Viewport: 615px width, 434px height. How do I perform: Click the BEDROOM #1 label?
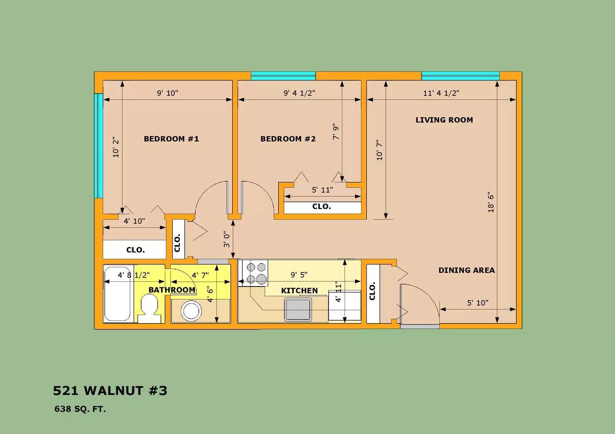pyautogui.click(x=171, y=139)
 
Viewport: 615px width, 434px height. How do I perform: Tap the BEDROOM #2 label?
pyautogui.click(x=288, y=139)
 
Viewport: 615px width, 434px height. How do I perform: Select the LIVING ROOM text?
pyautogui.click(x=444, y=120)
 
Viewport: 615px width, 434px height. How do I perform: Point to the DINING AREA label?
pyautogui.click(x=466, y=270)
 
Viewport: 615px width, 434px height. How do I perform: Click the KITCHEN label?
pyautogui.click(x=299, y=291)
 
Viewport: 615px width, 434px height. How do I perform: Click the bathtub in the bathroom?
pyautogui.click(x=117, y=294)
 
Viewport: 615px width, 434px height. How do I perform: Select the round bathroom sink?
pyautogui.click(x=191, y=311)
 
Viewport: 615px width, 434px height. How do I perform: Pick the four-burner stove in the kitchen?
pyautogui.click(x=253, y=273)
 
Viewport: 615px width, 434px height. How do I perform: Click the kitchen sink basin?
pyautogui.click(x=298, y=309)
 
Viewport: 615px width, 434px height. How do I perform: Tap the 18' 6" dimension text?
pyautogui.click(x=491, y=203)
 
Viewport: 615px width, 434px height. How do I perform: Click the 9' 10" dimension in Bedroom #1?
pyautogui.click(x=167, y=93)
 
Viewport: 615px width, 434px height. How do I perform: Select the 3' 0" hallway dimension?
pyautogui.click(x=227, y=240)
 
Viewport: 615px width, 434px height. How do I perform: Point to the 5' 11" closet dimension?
pyautogui.click(x=322, y=190)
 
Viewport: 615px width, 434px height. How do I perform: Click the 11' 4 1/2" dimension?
pyautogui.click(x=441, y=93)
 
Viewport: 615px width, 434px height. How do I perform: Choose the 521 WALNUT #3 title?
pyautogui.click(x=110, y=391)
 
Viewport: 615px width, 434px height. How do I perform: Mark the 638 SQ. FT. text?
pyautogui.click(x=80, y=409)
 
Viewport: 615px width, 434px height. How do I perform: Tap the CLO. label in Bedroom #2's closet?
pyautogui.click(x=322, y=207)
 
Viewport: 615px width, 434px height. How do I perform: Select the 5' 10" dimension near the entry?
pyautogui.click(x=478, y=303)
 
